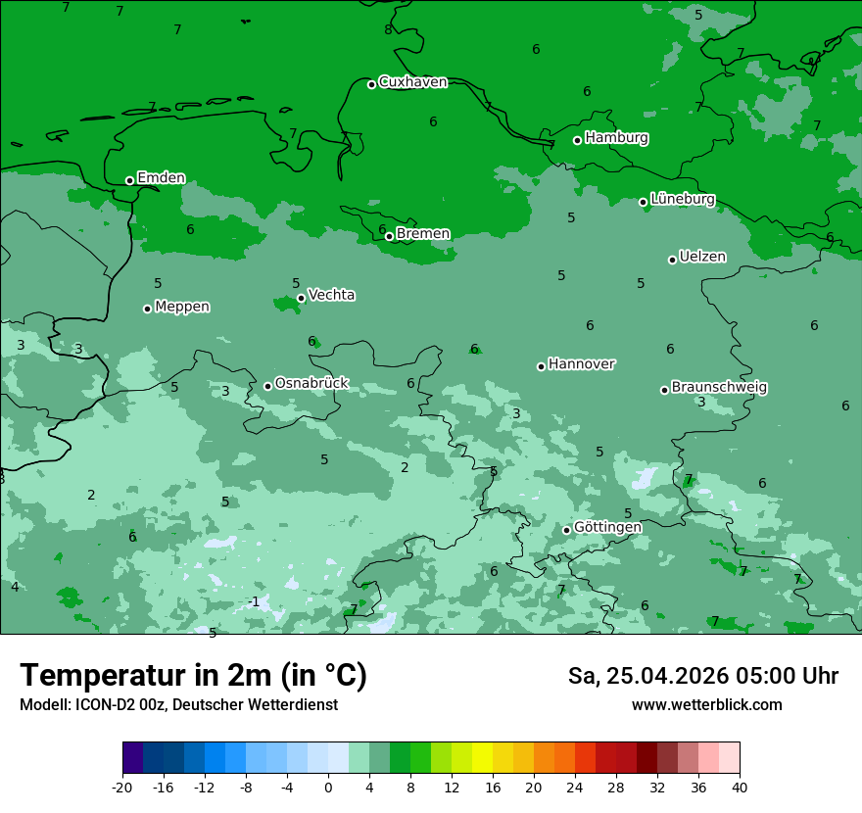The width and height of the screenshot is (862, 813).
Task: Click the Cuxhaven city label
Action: [x=412, y=82]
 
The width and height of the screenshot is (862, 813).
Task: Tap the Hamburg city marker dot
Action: [x=578, y=140]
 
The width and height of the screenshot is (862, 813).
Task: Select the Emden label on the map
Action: [x=161, y=178]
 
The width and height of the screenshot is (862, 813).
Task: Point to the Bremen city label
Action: [x=423, y=234]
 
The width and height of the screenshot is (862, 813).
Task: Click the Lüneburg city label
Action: [x=683, y=200]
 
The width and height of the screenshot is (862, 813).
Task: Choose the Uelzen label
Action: [x=702, y=258]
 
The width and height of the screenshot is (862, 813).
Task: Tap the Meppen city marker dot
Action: [x=148, y=309]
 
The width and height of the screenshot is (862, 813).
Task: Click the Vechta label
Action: [x=331, y=295]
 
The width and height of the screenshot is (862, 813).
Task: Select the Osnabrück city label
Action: [x=311, y=384]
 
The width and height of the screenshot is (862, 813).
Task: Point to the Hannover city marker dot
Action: [x=541, y=366]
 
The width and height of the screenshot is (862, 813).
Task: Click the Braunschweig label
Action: [x=719, y=388]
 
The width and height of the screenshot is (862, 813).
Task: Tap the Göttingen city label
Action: [x=607, y=528]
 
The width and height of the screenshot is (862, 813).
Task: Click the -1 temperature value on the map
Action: [x=254, y=601]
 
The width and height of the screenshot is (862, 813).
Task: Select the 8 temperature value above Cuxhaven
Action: [x=388, y=29]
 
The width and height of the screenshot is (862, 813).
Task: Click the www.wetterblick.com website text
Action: [x=706, y=705]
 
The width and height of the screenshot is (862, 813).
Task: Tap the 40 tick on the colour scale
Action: [x=740, y=787]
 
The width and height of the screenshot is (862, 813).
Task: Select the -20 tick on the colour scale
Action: [x=122, y=787]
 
